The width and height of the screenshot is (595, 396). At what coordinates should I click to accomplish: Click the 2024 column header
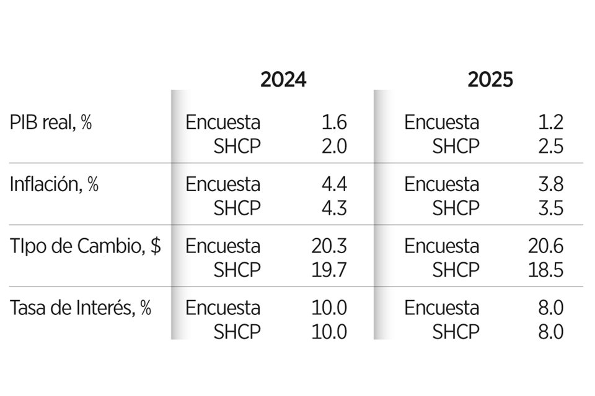click(x=283, y=80)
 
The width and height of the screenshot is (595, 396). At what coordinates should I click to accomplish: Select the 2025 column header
click(x=490, y=80)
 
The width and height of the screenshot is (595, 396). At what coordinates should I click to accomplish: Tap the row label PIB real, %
click(x=51, y=123)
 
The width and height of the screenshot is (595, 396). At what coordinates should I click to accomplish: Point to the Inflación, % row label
click(x=55, y=184)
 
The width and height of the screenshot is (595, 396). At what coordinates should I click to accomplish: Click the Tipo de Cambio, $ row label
click(x=86, y=246)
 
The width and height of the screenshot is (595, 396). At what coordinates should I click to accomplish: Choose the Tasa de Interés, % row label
click(x=81, y=308)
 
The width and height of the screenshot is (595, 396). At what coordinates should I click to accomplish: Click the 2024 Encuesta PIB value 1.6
click(x=334, y=123)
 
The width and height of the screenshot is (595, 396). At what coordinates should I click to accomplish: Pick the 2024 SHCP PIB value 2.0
click(x=333, y=146)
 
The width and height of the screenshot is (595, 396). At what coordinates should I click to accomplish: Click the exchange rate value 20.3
click(x=329, y=246)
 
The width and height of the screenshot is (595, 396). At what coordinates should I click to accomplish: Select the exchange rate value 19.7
click(x=329, y=270)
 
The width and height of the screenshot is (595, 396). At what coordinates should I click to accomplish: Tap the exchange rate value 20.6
click(x=546, y=246)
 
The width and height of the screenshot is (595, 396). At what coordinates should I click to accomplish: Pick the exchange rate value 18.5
click(x=546, y=270)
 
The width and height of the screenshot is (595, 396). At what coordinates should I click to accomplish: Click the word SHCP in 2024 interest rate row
click(x=237, y=332)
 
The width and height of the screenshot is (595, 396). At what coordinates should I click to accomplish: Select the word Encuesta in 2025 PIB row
click(x=441, y=123)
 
